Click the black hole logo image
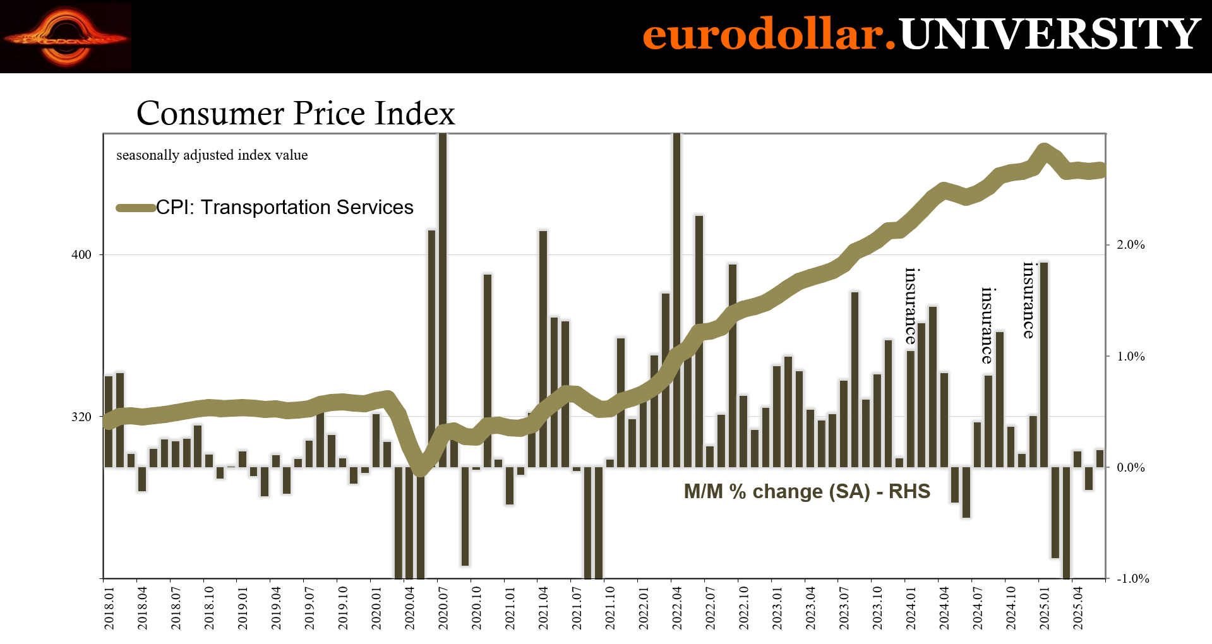pyautogui.click(x=66, y=37)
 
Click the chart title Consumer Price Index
pyautogui.click(x=296, y=113)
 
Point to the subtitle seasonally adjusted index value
pyautogui.click(x=212, y=155)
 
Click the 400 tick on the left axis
pyautogui.click(x=81, y=254)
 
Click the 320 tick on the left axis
pyautogui.click(x=81, y=417)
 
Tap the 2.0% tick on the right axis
pyautogui.click(x=1131, y=245)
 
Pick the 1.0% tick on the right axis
pyautogui.click(x=1131, y=356)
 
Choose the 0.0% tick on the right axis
pyautogui.click(x=1131, y=467)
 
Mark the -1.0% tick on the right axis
pyautogui.click(x=1132, y=578)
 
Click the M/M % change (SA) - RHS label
pyautogui.click(x=807, y=491)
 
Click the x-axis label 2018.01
pyautogui.click(x=109, y=607)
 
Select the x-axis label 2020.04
pyautogui.click(x=410, y=607)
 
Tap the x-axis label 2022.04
pyautogui.click(x=677, y=607)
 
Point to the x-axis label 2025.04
pyautogui.click(x=1078, y=607)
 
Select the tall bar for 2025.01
pyautogui.click(x=1043, y=364)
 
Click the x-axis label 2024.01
pyautogui.click(x=911, y=607)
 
